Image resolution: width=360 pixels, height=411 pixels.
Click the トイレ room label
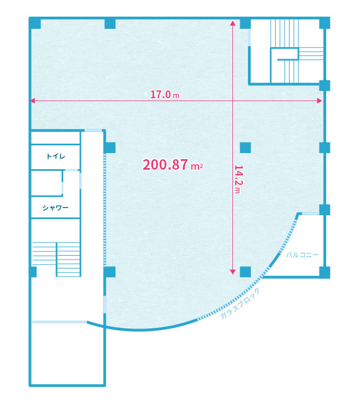[55, 156]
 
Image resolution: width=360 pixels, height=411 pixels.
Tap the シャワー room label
[55, 208]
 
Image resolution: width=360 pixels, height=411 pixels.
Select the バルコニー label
[302, 255]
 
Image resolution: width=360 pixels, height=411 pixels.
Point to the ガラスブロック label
[240, 303]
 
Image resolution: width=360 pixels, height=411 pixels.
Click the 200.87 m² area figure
[173, 165]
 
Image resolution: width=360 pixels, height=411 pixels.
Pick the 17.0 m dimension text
[165, 94]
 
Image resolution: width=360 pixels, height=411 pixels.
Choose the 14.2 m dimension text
[237, 179]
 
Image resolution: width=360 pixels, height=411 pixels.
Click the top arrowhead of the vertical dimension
[232, 23]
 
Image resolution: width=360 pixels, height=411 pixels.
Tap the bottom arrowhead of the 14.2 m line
[232, 272]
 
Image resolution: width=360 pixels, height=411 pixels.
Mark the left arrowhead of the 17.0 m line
[33, 100]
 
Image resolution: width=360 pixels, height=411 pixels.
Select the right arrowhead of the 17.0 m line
[320, 100]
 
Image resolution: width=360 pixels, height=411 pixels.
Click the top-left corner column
[35, 23]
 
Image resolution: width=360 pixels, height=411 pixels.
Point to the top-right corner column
[324, 23]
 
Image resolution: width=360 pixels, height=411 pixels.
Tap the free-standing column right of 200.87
[245, 148]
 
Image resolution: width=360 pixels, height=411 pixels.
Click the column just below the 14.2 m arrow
[245, 272]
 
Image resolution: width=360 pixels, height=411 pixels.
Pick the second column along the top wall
[110, 24]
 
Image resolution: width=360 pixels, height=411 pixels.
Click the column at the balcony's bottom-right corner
[324, 272]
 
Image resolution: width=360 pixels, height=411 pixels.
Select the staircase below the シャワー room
[56, 259]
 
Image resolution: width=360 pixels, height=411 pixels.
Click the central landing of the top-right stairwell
[285, 54]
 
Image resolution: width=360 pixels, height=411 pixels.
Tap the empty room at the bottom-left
[68, 354]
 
